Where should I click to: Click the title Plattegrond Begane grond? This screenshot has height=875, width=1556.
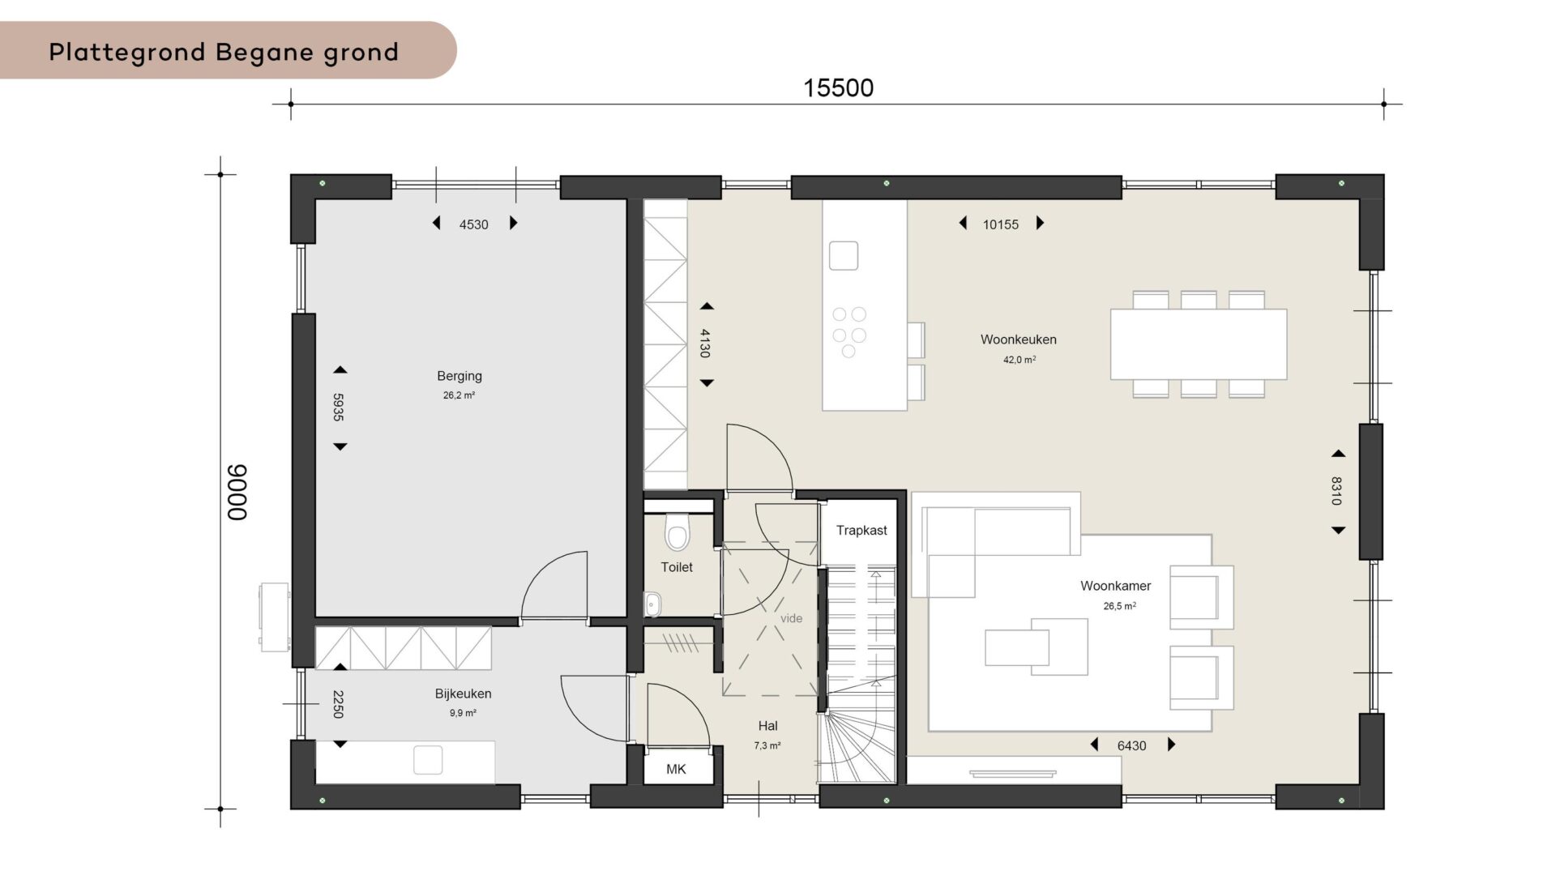tap(224, 52)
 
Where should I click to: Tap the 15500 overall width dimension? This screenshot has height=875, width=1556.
tap(838, 87)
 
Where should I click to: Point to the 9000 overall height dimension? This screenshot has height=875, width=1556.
tap(237, 492)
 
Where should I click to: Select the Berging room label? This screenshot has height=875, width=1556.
tap(460, 376)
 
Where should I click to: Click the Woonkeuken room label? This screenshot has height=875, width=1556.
tap(1019, 339)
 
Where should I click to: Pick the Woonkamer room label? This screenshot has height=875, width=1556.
tap(1116, 586)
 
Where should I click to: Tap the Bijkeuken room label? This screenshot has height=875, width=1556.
tap(463, 694)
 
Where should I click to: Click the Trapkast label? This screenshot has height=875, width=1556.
tap(861, 530)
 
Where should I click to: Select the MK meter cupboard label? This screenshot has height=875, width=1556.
tap(676, 769)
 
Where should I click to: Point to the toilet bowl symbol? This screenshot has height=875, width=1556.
tap(677, 532)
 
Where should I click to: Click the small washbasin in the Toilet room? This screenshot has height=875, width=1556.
tap(653, 604)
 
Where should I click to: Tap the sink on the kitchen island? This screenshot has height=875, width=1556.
tap(844, 255)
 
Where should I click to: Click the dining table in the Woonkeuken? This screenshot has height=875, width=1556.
tap(1199, 344)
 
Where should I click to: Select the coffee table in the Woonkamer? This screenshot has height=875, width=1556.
tap(1037, 647)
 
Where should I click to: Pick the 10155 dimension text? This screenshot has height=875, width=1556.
tap(1001, 224)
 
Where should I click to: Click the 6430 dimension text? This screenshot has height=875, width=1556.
tap(1131, 745)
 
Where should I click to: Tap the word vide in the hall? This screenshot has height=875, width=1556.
tap(792, 618)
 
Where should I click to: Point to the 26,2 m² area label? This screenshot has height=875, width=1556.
tap(459, 395)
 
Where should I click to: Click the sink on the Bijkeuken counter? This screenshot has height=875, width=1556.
tap(428, 760)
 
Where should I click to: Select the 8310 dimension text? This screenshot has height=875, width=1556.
tap(1336, 491)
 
